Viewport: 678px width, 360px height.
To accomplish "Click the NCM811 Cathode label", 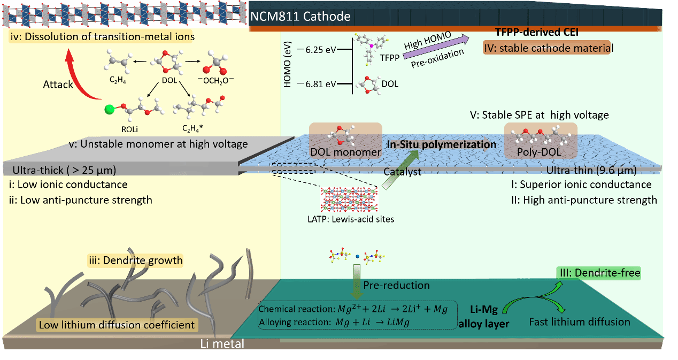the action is click(x=301, y=17).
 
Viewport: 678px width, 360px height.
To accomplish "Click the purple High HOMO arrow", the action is click(x=436, y=47).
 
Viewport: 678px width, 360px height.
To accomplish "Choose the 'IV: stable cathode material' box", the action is click(x=547, y=48).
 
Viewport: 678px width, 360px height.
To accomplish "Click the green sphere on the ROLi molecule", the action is click(x=109, y=109).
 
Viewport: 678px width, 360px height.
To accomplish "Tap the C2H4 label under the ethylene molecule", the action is click(x=118, y=80).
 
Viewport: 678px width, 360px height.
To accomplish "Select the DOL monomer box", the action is click(x=345, y=141).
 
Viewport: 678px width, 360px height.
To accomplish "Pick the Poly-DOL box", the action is click(x=541, y=141).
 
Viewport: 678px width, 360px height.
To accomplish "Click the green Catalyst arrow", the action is click(x=400, y=170).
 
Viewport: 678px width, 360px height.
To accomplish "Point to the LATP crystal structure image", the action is click(x=349, y=199).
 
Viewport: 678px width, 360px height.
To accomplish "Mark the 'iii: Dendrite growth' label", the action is click(x=136, y=261).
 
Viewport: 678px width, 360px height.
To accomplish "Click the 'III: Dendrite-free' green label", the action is click(x=599, y=273).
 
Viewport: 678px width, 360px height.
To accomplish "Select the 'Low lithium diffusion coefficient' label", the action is click(x=117, y=325).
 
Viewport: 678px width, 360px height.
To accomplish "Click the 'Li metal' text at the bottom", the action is click(x=222, y=343).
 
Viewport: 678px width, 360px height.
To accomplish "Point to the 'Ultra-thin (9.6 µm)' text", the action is click(x=591, y=170).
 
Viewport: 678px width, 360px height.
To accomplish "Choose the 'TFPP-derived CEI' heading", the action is click(x=537, y=32).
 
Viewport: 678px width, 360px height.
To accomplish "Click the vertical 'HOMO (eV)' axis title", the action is click(x=287, y=65).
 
